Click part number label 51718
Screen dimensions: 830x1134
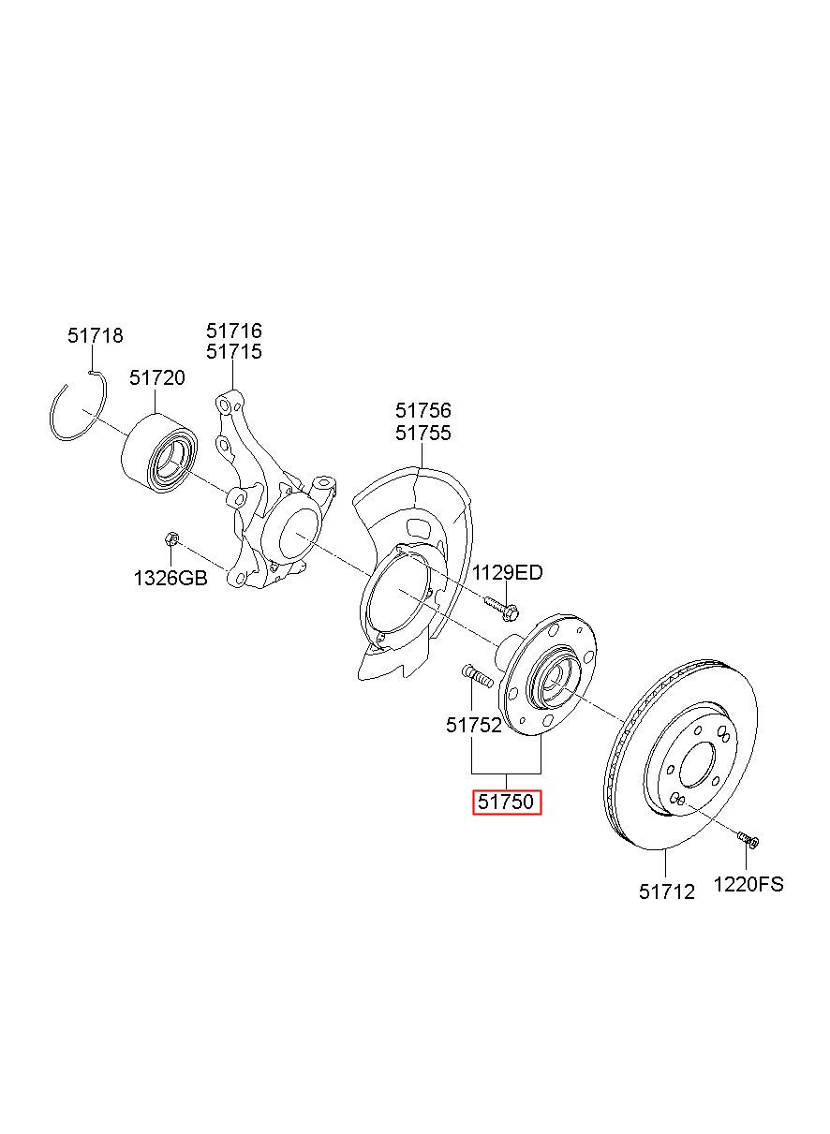pyautogui.click(x=96, y=335)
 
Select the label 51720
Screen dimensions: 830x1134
pyautogui.click(x=157, y=377)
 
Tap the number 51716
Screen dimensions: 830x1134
pyautogui.click(x=234, y=331)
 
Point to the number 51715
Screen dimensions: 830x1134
pyautogui.click(x=234, y=352)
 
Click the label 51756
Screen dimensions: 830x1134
pyautogui.click(x=423, y=410)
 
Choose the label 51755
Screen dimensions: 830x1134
pyautogui.click(x=423, y=434)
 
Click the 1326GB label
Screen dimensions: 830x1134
pyautogui.click(x=170, y=578)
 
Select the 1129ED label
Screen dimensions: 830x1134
pyautogui.click(x=508, y=573)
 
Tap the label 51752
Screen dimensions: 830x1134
pyautogui.click(x=474, y=726)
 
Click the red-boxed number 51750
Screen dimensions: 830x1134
pyautogui.click(x=507, y=802)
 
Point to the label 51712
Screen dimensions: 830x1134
pyautogui.click(x=667, y=892)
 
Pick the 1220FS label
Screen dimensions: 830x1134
pyautogui.click(x=748, y=884)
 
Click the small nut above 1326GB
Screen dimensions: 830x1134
pyautogui.click(x=171, y=538)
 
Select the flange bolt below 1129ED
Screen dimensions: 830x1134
pyautogui.click(x=501, y=609)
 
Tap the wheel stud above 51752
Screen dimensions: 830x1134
pyautogui.click(x=478, y=677)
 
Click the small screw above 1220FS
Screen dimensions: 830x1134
pyautogui.click(x=748, y=839)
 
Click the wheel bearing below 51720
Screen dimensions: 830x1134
pyautogui.click(x=159, y=453)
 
